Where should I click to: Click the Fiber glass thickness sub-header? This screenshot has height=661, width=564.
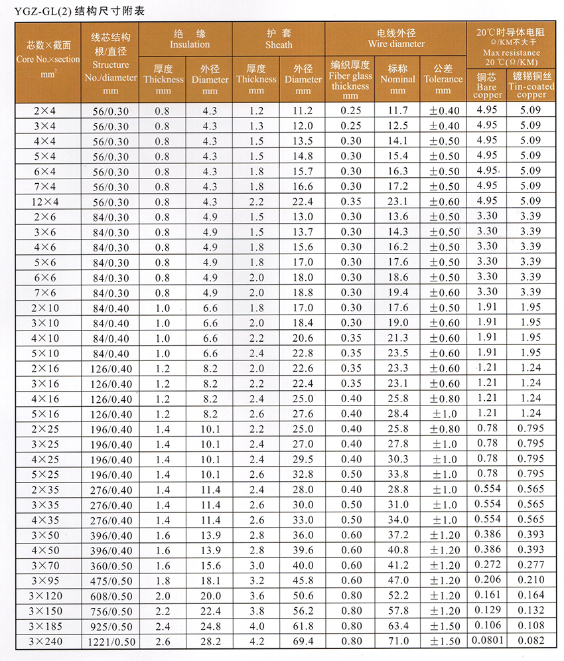350,80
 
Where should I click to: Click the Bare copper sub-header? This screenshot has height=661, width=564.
487,86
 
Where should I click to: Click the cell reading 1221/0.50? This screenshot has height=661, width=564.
111,642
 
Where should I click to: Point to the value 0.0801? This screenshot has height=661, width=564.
487,640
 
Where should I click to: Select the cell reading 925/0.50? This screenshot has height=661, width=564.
111,626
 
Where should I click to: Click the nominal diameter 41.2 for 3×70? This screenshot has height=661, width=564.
398,565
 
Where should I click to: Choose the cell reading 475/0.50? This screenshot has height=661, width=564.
111,581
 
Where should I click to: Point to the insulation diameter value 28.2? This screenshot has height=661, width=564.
209,642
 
